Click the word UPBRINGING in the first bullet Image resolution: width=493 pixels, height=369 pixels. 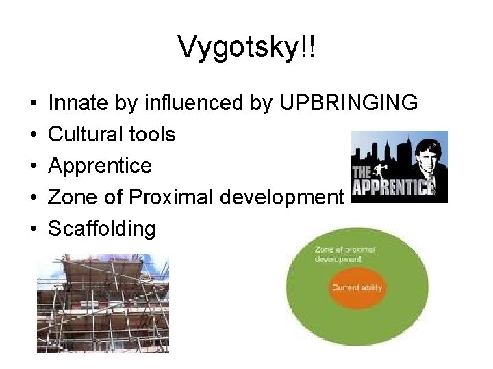[x=349, y=103]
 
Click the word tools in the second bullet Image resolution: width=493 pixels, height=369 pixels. [x=153, y=135]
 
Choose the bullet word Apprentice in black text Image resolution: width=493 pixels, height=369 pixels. [x=100, y=166]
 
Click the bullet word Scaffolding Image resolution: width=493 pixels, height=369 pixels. [x=102, y=229]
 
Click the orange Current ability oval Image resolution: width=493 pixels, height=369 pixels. [x=356, y=288]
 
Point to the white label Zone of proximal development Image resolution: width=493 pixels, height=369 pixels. [x=345, y=254]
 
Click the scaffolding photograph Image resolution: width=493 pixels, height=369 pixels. [x=103, y=303]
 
